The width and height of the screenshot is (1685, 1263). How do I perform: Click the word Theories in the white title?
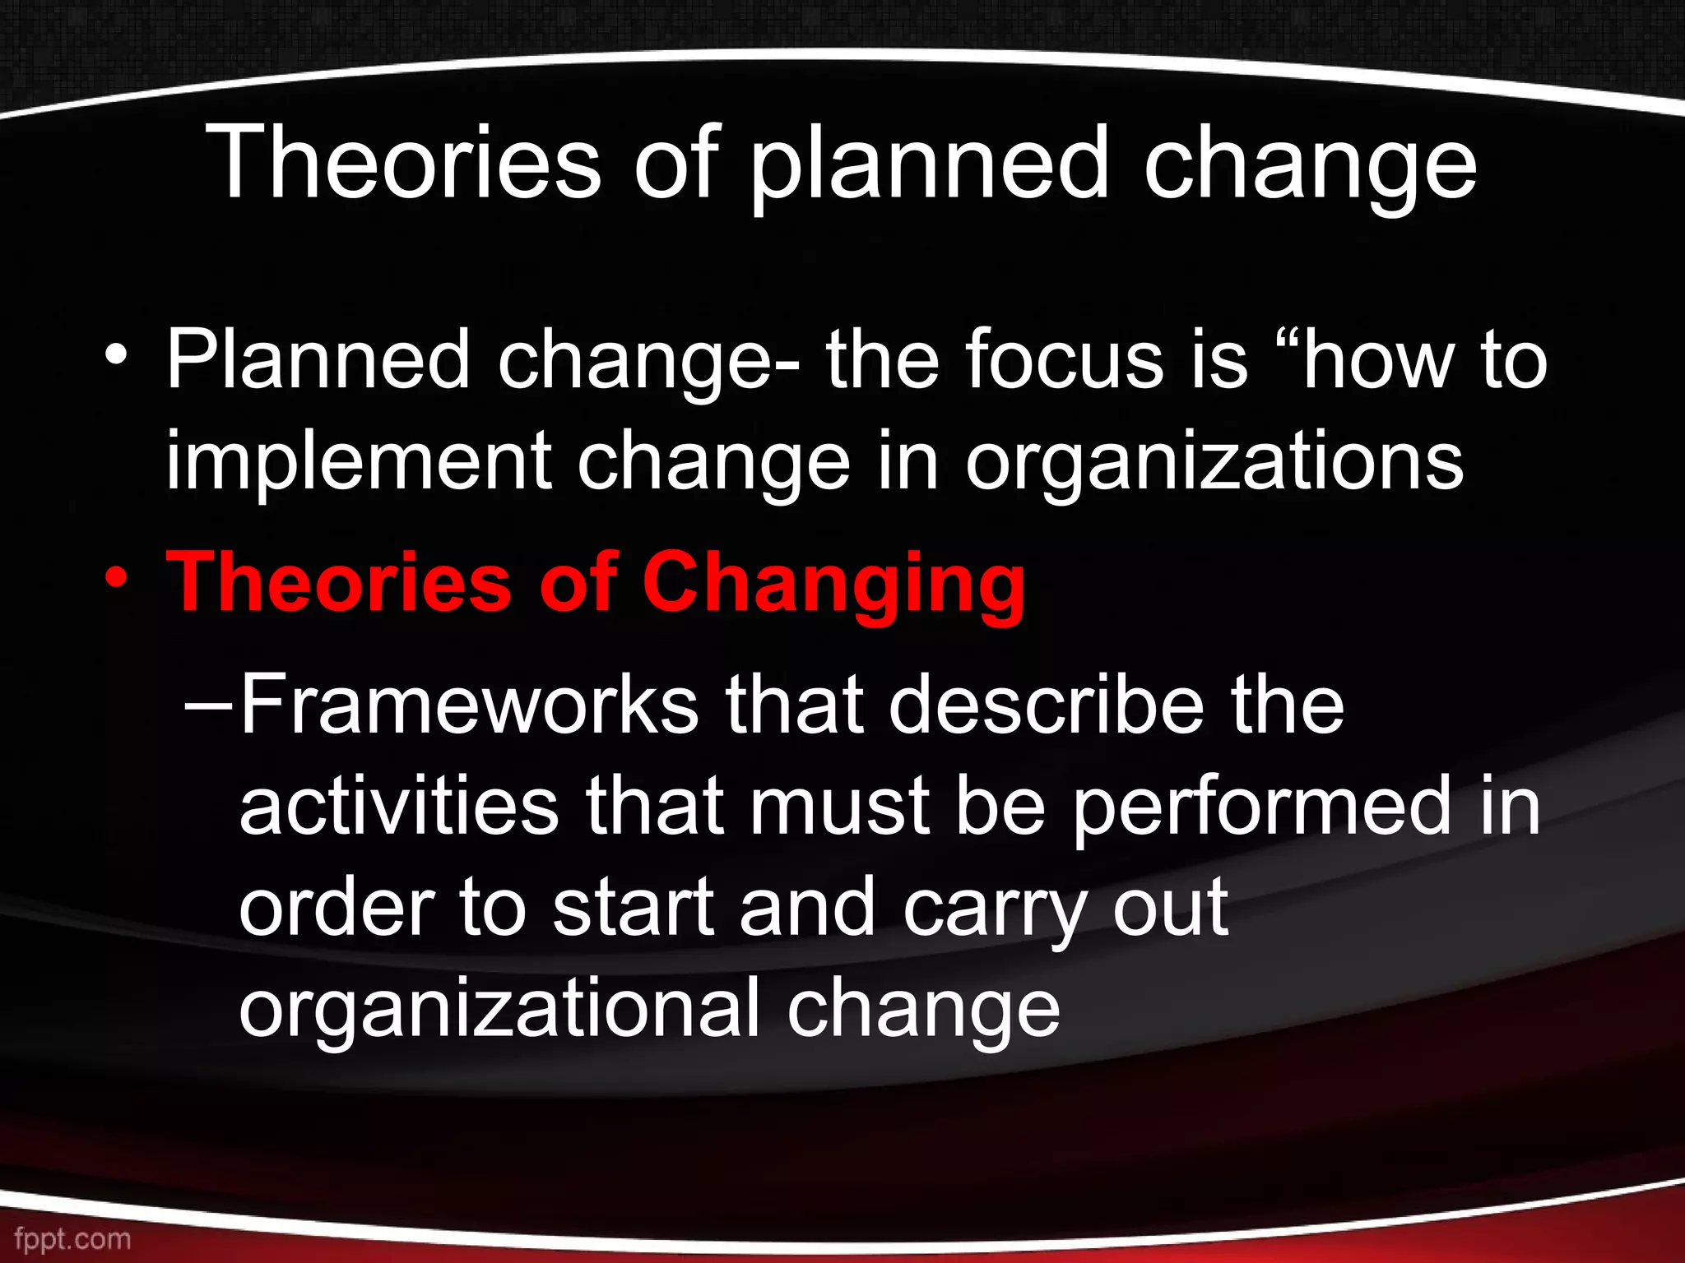(403, 163)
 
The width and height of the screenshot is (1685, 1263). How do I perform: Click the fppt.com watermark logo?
(72, 1238)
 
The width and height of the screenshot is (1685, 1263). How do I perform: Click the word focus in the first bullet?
(1065, 360)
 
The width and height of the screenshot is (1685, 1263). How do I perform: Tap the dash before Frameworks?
(209, 706)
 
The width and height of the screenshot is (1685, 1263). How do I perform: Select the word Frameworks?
(468, 705)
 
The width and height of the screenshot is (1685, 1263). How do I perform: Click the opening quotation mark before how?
(1284, 339)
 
